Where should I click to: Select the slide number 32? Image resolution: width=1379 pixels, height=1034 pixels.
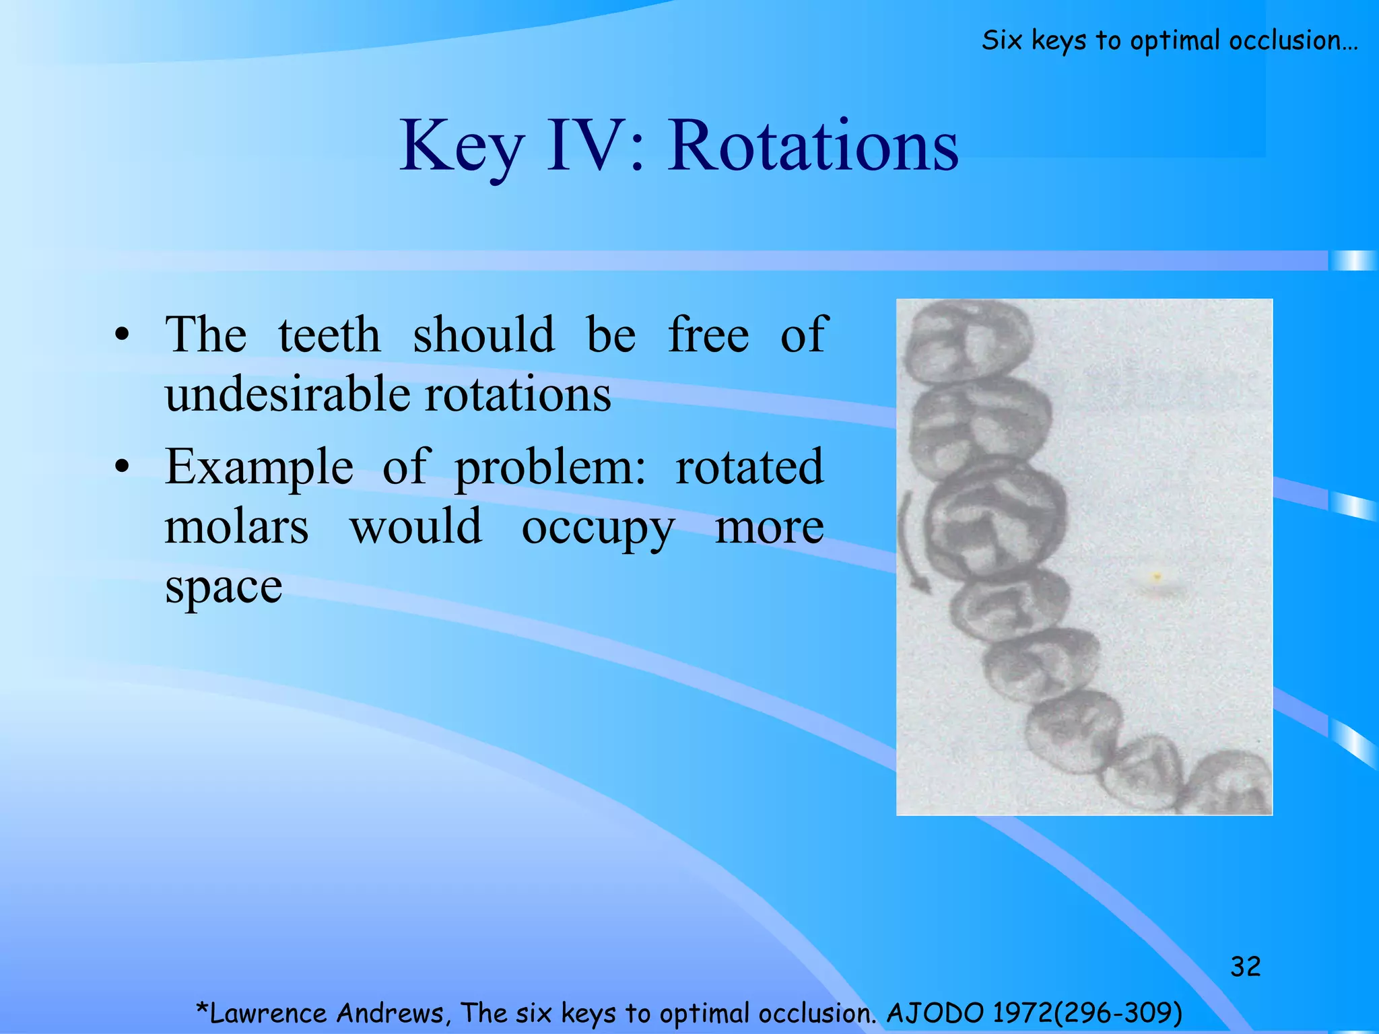1245,967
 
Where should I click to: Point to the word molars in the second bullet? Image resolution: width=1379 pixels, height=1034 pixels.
236,526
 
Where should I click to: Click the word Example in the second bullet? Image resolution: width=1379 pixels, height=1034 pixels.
259,467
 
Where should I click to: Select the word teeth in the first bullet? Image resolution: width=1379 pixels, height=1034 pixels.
329,335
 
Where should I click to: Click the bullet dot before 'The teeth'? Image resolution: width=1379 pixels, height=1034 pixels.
121,335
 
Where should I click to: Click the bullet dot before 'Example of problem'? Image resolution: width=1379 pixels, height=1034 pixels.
121,467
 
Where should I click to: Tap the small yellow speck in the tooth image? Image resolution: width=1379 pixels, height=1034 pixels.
1157,577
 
